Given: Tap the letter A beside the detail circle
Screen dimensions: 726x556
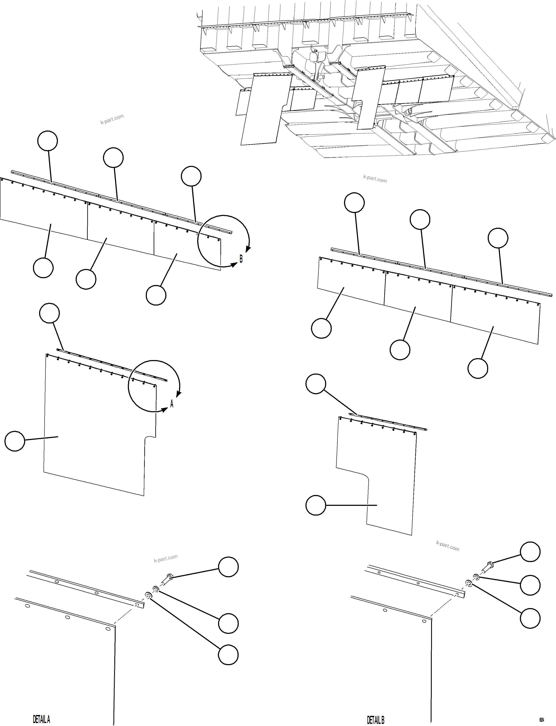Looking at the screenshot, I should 172,404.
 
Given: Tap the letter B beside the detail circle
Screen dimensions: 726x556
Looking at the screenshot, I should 241,259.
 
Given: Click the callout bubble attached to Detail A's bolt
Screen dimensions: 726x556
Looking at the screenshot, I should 228,567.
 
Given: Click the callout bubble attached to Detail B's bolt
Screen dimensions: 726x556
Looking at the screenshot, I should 530,552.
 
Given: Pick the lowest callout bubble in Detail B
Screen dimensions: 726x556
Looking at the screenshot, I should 530,618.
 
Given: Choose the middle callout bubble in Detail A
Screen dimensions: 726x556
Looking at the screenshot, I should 228,624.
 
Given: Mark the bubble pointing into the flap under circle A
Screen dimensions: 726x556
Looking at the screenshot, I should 15,441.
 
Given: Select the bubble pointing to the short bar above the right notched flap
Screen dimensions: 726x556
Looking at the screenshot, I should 316,384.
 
